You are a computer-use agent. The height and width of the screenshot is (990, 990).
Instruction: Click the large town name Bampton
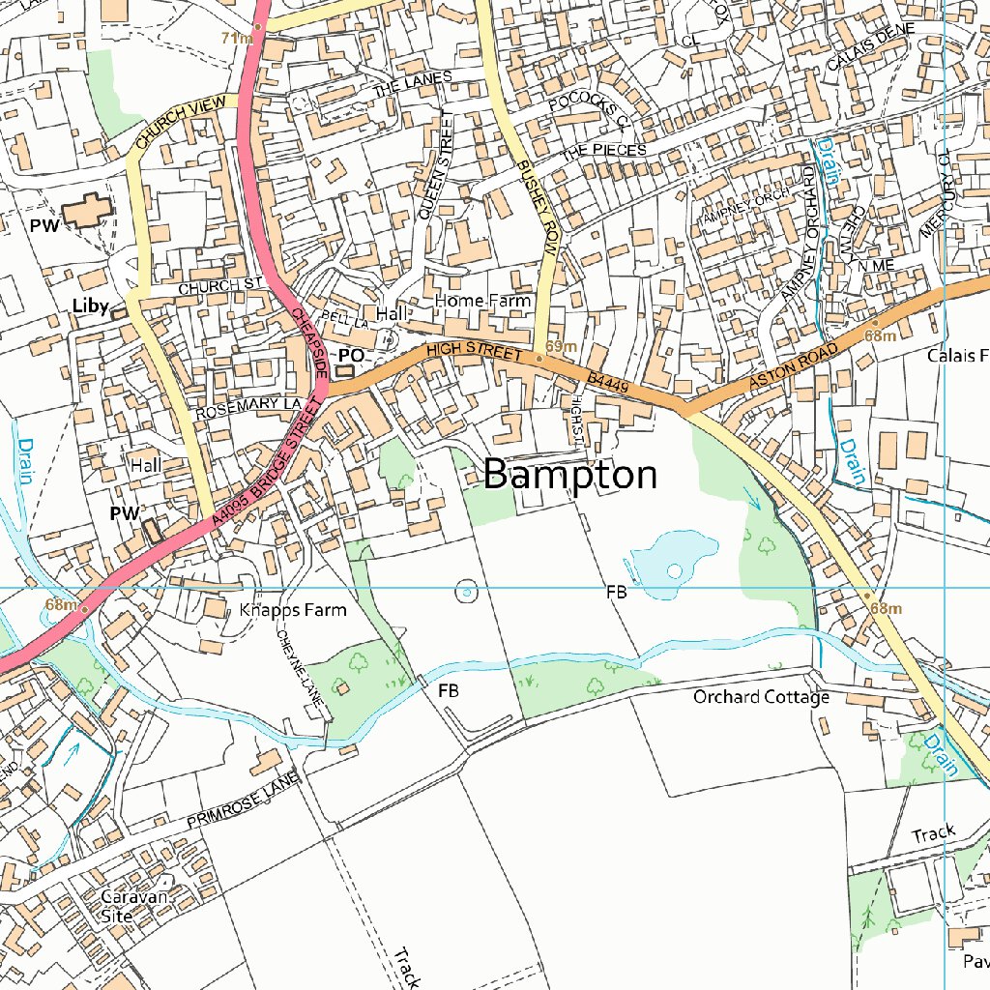[x=570, y=476]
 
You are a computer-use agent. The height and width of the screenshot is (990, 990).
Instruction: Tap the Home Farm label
[x=482, y=302]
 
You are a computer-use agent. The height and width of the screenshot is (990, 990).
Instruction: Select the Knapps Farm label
[x=292, y=611]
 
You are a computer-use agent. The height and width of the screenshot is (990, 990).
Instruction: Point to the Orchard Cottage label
[x=761, y=697]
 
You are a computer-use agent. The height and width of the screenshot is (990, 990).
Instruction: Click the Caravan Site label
[x=134, y=905]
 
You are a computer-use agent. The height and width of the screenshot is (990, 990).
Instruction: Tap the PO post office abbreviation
[x=351, y=356]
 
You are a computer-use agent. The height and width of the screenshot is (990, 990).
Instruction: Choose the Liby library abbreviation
[x=90, y=306]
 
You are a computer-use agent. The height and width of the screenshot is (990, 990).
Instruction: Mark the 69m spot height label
[x=561, y=346]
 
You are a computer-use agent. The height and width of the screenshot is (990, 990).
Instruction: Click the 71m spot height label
[x=236, y=38]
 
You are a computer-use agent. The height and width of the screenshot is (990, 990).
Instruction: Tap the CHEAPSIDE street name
[x=308, y=344]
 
